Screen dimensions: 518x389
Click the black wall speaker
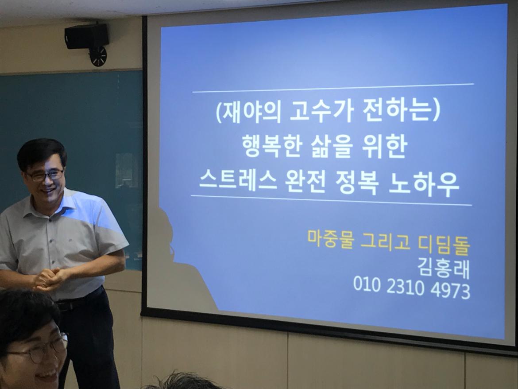pos(87,36)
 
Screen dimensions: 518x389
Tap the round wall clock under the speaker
pos(98,56)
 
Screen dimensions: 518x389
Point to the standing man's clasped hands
pos(50,279)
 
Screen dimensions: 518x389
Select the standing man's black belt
pos(79,299)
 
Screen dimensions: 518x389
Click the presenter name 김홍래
pos(444,267)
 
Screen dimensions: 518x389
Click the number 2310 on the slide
pos(405,286)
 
